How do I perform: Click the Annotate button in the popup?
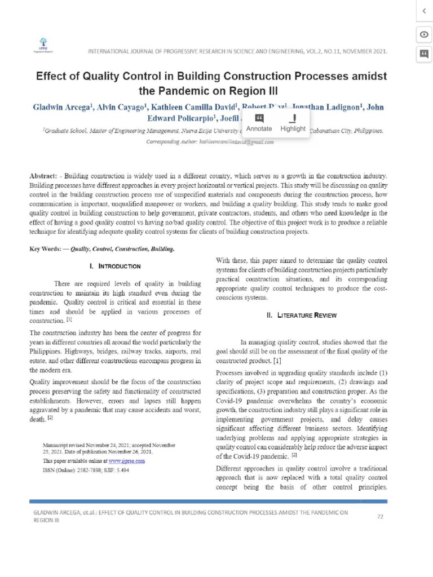click(259, 123)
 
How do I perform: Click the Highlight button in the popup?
click(293, 123)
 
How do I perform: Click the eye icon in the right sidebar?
click(423, 34)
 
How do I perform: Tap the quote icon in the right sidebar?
click(423, 54)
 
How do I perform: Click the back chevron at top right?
click(423, 11)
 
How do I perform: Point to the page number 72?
click(380, 516)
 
